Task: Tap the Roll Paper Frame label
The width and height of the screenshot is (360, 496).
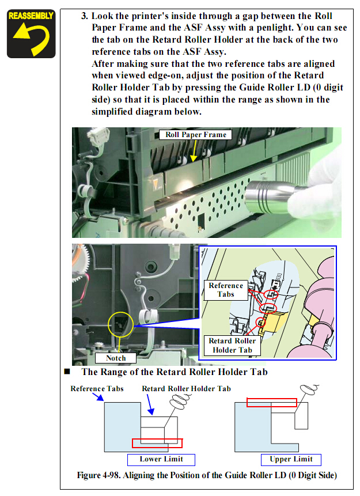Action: (195, 135)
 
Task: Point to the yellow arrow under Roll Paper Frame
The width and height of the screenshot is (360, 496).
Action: (194, 150)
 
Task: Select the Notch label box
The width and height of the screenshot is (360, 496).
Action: (116, 358)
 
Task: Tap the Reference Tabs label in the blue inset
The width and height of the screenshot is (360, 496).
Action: (226, 290)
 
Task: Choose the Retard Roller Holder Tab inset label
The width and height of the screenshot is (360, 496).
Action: (232, 346)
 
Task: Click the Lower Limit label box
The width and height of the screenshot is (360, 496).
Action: (161, 460)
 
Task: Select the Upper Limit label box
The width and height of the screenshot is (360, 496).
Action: (291, 460)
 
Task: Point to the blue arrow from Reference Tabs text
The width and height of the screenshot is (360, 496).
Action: (98, 397)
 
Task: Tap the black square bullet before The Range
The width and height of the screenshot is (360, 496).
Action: (67, 372)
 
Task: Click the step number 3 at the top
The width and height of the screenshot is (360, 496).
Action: (85, 16)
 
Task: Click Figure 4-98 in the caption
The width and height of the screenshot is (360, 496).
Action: (98, 475)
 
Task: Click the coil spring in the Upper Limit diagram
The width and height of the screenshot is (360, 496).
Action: (309, 389)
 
